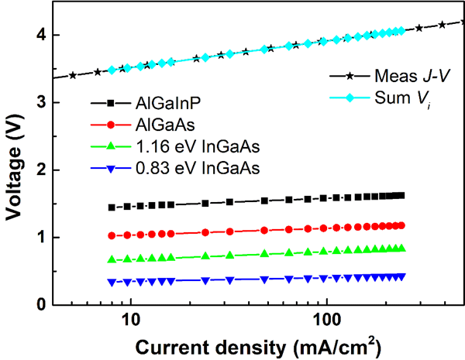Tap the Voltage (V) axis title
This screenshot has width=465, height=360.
(x=13, y=161)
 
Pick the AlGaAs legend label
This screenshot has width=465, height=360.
(x=158, y=124)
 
